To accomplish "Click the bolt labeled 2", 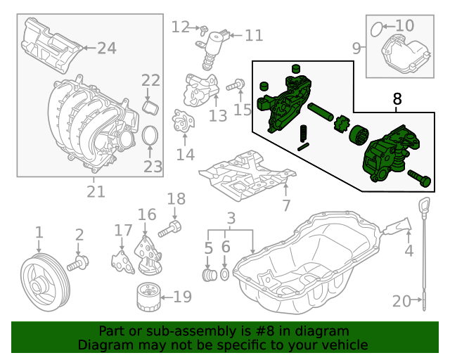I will pos(77,264).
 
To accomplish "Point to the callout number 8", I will pos(397,101).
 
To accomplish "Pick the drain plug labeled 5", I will pos(208,273).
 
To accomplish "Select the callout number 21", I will pos(96,191).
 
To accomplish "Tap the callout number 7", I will pos(285,206).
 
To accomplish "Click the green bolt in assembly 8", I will pos(420,179).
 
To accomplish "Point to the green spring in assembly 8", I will pos(304,132).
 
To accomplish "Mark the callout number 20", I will pos(401,302).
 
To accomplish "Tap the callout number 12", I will pos(181,27).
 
